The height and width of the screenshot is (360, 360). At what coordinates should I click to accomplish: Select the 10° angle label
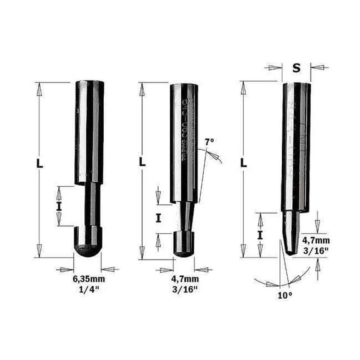click(x=284, y=294)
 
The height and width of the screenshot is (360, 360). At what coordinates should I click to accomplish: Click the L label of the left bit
click(x=40, y=164)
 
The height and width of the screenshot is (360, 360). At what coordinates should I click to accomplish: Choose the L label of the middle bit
click(x=142, y=162)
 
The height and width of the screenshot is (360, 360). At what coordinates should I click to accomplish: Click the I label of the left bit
click(x=59, y=205)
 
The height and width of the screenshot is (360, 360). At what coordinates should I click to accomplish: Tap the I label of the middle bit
click(x=158, y=217)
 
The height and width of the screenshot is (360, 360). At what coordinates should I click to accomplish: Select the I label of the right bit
click(x=259, y=234)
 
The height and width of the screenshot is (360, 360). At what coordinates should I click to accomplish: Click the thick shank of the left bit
click(x=87, y=131)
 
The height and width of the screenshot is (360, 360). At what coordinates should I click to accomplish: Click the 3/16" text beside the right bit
click(x=315, y=251)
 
